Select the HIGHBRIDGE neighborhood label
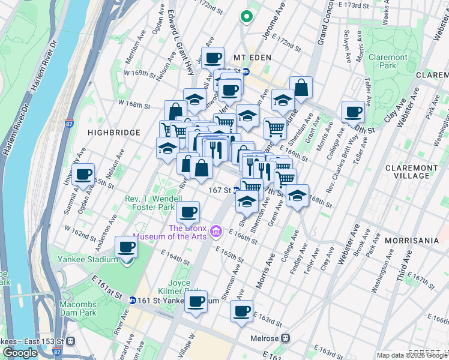[113, 132]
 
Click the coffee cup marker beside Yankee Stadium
[127, 247]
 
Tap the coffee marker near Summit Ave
[84, 175]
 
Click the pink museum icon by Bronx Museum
[216, 232]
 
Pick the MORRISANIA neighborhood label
[412, 240]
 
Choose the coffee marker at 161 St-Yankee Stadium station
[195, 302]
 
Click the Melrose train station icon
[286, 338]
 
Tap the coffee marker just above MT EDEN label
[212, 59]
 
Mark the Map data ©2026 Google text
[412, 355]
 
